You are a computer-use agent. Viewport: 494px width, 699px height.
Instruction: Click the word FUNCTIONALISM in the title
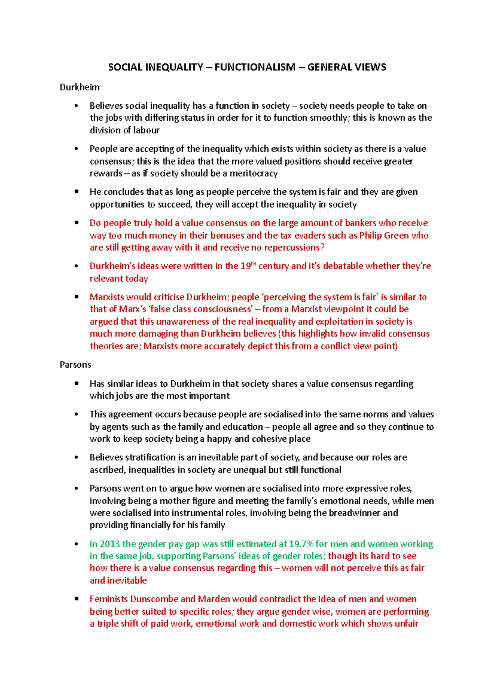(255, 67)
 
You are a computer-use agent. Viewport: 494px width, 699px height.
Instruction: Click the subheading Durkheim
(79, 87)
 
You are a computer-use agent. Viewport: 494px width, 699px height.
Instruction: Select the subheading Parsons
(75, 365)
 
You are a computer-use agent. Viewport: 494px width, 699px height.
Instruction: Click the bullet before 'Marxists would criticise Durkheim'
(76, 296)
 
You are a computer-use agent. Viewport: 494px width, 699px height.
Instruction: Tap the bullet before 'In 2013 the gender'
(76, 544)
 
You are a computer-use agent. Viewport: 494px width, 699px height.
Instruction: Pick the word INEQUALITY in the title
(174, 67)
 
